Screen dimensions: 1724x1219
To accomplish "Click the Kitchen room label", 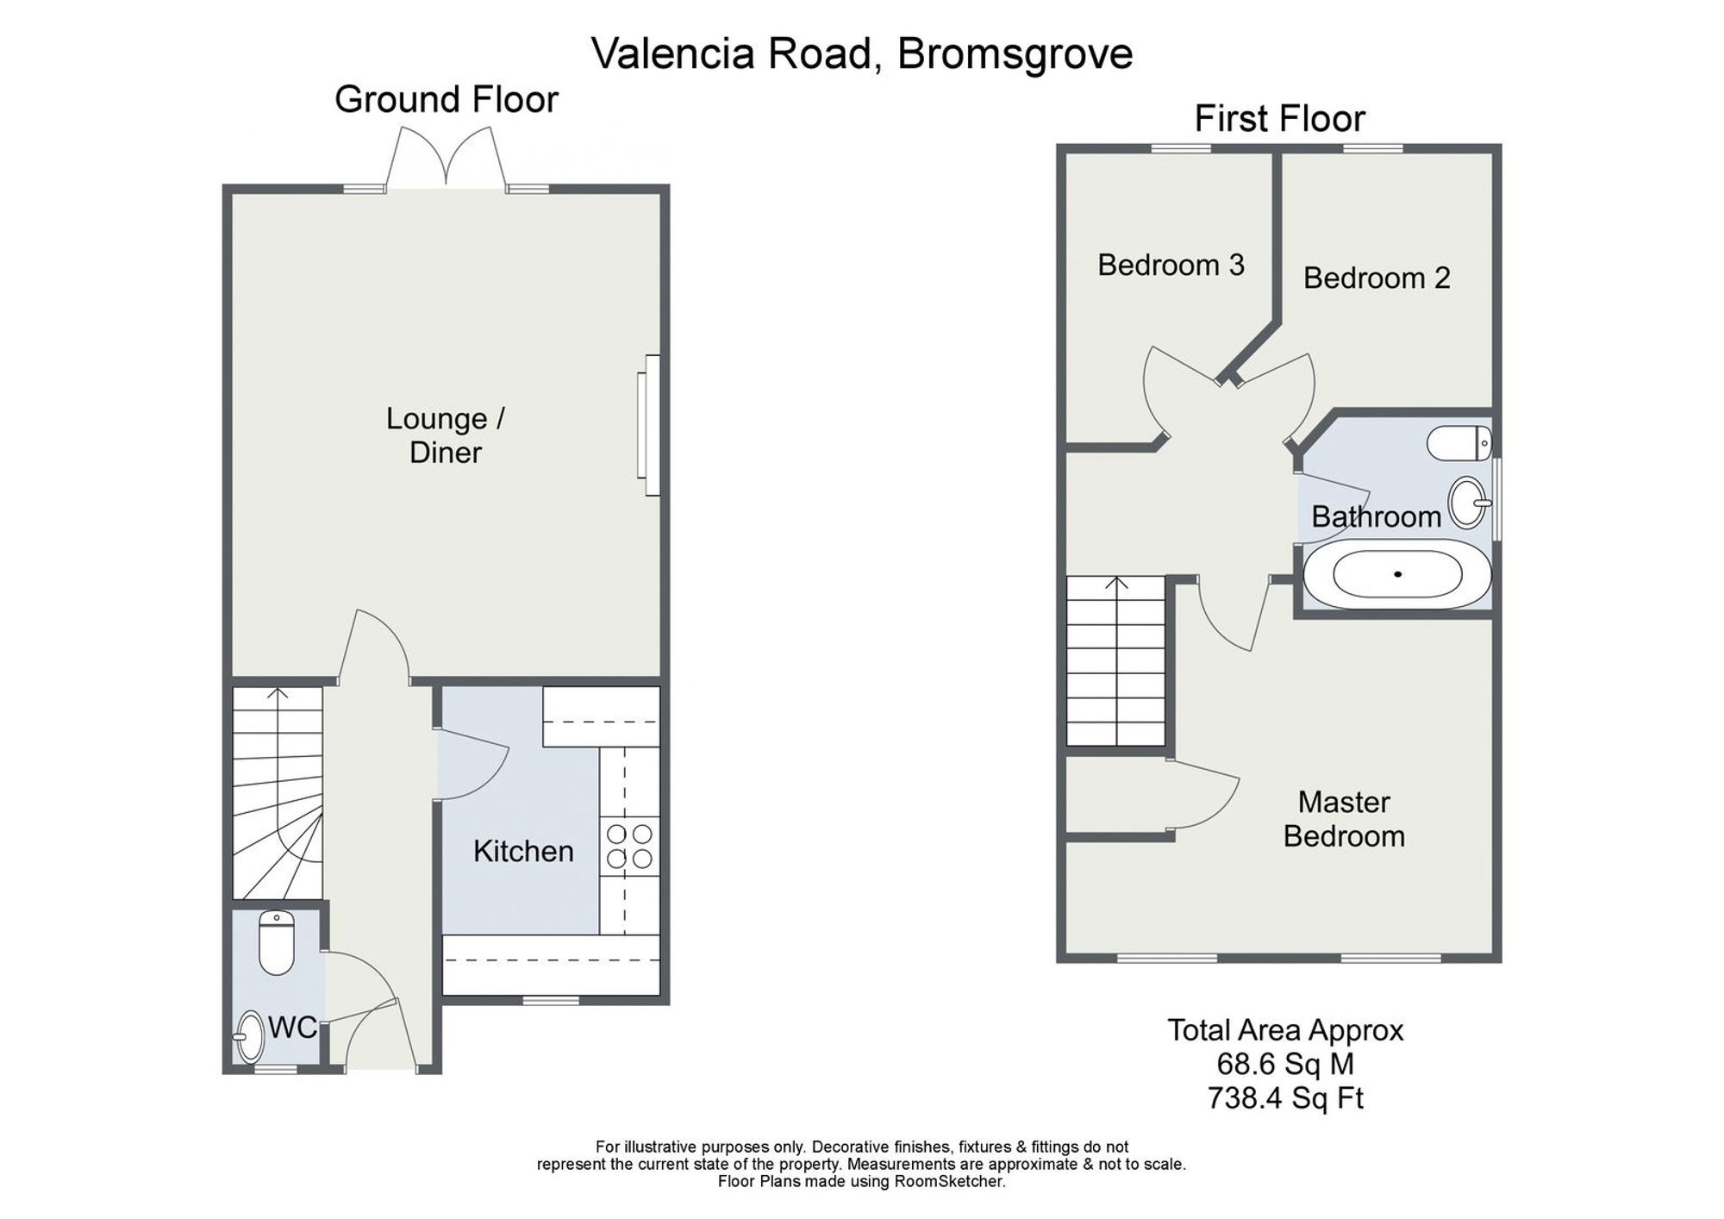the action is click(x=523, y=852).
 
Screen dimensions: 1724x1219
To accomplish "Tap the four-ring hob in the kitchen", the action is click(x=630, y=847).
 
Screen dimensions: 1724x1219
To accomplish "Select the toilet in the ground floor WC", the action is click(x=277, y=942).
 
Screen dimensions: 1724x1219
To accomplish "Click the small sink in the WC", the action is click(x=250, y=1036).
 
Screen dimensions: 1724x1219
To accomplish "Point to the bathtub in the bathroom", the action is click(x=1396, y=574).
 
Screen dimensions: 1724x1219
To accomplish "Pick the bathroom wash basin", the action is click(x=1469, y=502).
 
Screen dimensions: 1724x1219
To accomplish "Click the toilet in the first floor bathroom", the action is click(x=1459, y=443).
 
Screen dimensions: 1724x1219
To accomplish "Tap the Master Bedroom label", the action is click(x=1344, y=819).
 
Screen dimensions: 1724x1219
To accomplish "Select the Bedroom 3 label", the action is click(x=1171, y=265).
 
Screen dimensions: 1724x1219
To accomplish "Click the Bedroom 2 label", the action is click(x=1377, y=278).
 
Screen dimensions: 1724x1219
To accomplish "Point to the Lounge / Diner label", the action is click(x=446, y=435).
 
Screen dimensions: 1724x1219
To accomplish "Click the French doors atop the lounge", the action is click(x=446, y=158).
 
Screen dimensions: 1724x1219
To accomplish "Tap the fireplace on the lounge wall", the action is click(x=648, y=425).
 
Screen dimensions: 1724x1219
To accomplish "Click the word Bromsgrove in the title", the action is click(x=1015, y=53).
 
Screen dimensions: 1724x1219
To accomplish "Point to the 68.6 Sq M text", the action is click(x=1285, y=1065).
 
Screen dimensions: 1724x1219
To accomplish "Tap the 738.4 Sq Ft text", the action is click(x=1285, y=1099).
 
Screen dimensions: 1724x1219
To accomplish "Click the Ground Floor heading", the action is click(x=447, y=99).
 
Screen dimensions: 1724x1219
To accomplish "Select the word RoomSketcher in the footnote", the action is click(x=951, y=1182).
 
